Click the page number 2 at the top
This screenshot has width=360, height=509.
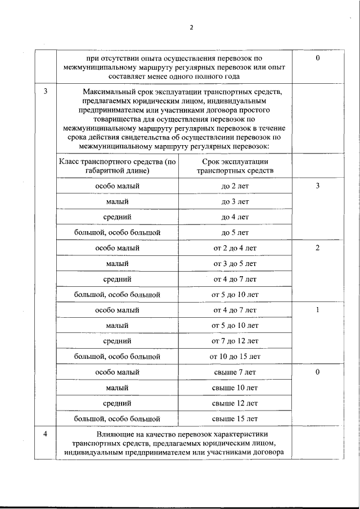click(191, 28)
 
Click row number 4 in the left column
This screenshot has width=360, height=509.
click(46, 434)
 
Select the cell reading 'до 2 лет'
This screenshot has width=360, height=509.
click(235, 186)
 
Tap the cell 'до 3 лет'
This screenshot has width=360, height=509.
click(235, 201)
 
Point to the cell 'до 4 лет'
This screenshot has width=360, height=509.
click(235, 217)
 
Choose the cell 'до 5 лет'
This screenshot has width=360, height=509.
click(235, 232)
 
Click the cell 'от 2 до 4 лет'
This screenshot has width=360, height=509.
click(235, 248)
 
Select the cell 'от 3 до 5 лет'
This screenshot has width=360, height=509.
click(235, 263)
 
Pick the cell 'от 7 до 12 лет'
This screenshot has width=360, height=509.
click(235, 341)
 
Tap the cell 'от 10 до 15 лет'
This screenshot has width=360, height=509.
click(235, 357)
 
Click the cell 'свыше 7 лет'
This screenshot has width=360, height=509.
click(235, 372)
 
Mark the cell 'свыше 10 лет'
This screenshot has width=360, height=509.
click(235, 388)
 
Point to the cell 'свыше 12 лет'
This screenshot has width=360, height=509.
click(235, 403)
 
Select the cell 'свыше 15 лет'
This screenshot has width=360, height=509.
click(235, 419)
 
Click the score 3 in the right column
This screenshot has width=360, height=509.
click(318, 186)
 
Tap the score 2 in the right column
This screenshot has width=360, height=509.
click(318, 248)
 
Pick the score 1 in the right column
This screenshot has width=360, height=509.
click(318, 310)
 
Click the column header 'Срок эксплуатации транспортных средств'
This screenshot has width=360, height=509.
click(235, 166)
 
